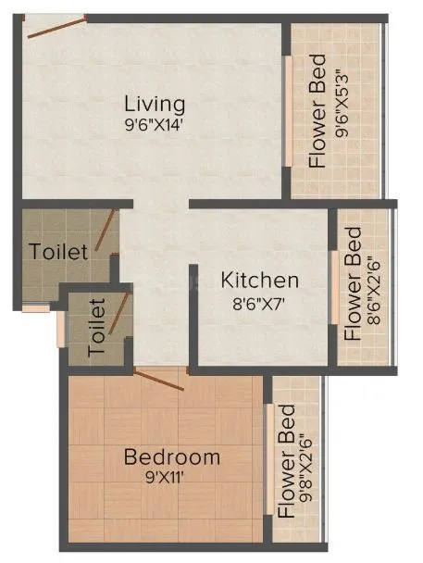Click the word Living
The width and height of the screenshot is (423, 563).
coord(155,103)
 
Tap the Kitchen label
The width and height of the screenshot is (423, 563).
coord(258,280)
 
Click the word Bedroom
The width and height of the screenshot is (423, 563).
coord(172,457)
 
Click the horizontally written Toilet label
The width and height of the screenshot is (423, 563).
coord(58,251)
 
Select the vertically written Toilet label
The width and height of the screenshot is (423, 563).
coord(97,327)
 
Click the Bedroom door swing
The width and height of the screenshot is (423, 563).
coord(159,378)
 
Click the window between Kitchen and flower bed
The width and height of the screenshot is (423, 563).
coord(333,286)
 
